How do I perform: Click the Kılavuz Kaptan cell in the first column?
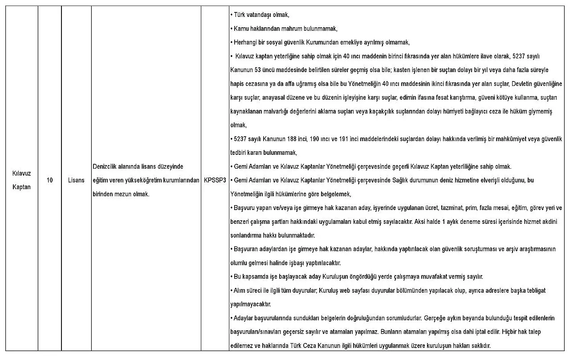coord(21,180)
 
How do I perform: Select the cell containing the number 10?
coord(50,180)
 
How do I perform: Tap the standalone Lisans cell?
coord(76,180)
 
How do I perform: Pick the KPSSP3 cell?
coord(215,180)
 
